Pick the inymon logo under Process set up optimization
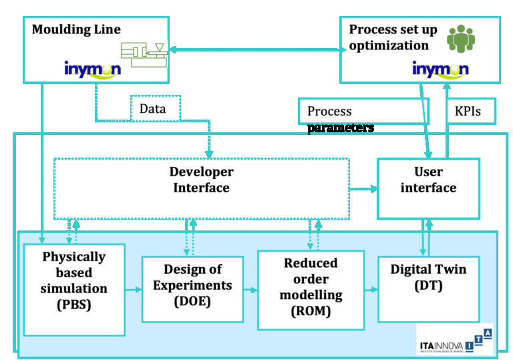click(x=440, y=69)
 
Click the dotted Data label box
click(x=153, y=107)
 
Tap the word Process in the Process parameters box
click(x=329, y=112)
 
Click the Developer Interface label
click(x=201, y=180)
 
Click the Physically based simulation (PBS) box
click(x=74, y=289)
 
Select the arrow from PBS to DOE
click(x=133, y=289)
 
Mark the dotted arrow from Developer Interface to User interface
click(x=363, y=189)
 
